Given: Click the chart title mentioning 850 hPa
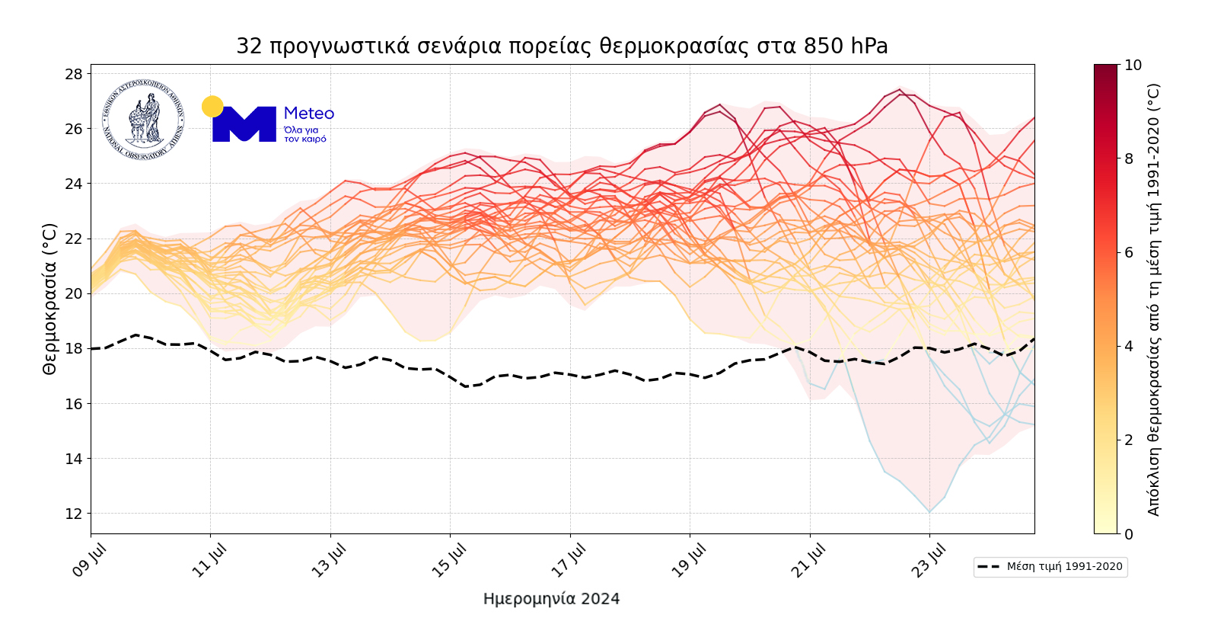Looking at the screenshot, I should pos(562,46).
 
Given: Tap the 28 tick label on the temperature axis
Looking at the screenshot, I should pos(74,74).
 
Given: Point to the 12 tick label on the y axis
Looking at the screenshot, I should pos(74,514).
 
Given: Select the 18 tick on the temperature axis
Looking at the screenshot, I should pos(74,348).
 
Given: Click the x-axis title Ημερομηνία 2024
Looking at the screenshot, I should pos(551,599).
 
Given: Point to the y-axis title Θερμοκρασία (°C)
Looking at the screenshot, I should pos(49,299).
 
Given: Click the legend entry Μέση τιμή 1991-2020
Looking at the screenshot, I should pos(1050,567).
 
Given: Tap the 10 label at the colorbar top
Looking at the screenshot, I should pos(1133,66).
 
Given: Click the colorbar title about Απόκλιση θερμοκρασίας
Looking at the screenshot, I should pos(1154,299).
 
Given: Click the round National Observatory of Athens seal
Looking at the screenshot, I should pos(144,120).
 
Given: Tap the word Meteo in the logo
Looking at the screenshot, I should pos(309,114).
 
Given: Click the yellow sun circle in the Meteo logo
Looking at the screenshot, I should pos(212,107).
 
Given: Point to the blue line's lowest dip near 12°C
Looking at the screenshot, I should pos(929,511).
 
